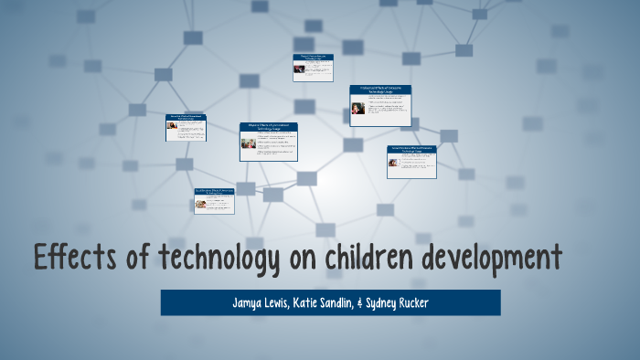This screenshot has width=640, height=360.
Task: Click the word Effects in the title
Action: click(x=69, y=259)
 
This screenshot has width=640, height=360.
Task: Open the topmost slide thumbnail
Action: click(x=313, y=68)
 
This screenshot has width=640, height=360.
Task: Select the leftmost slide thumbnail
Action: click(x=186, y=127)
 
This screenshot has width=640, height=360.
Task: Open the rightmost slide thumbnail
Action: click(x=411, y=161)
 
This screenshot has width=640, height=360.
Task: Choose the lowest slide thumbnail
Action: click(x=214, y=200)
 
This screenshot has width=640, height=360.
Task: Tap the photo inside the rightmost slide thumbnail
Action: click(x=393, y=164)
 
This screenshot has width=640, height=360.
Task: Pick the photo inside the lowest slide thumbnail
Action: click(x=200, y=204)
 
